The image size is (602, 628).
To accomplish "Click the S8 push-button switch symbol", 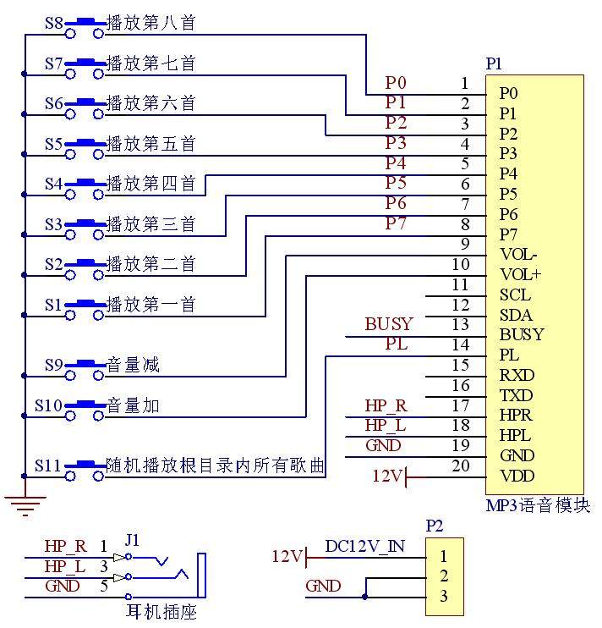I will click(85, 26).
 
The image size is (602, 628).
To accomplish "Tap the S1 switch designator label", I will click(54, 303).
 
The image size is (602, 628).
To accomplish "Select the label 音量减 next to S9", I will click(133, 366).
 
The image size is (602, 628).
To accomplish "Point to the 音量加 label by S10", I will click(133, 406).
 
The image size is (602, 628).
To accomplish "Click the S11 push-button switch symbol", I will click(85, 467).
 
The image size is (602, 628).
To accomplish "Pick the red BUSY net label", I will click(388, 324).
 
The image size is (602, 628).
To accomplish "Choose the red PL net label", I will click(397, 344).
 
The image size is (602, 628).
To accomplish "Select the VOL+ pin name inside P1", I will click(520, 274).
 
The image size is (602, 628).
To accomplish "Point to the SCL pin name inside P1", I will click(515, 295).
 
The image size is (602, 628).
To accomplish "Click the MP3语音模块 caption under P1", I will click(538, 506).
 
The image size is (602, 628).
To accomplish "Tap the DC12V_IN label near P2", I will click(364, 546).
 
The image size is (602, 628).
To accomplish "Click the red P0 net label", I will click(396, 83).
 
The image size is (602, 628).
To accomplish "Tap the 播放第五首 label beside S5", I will click(151, 144).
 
